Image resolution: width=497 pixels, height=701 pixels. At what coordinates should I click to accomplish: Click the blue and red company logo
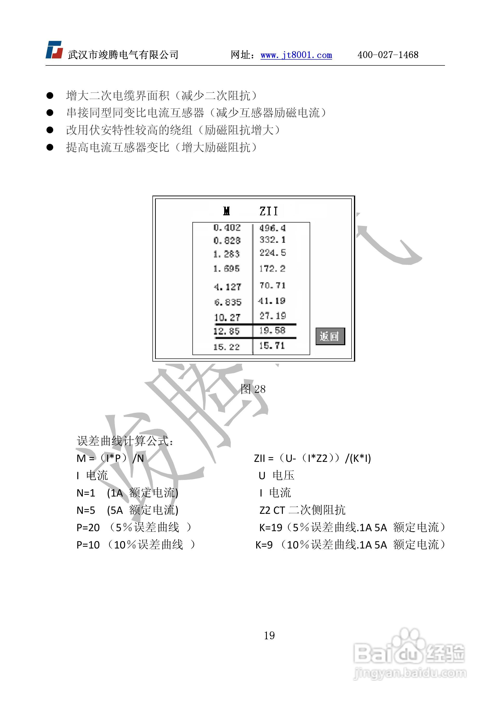pos(54,50)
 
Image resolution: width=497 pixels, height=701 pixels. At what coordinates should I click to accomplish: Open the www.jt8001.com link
pos(296,55)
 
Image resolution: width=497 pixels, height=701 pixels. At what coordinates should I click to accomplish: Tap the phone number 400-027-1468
pos(388,55)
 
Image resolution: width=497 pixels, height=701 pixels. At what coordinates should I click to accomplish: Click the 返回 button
pos(330,336)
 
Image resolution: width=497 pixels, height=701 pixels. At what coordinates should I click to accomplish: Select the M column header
pos(226,211)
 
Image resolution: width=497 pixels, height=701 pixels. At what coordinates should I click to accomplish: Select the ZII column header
pos(269,211)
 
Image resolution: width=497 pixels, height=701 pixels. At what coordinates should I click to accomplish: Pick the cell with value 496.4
pos(272,228)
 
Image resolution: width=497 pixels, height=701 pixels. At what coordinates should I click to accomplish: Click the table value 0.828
pos(227,241)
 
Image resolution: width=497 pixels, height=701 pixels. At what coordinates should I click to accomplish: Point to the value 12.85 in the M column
pos(226,331)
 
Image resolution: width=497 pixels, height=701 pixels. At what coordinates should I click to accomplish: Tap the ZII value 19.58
pos(272,331)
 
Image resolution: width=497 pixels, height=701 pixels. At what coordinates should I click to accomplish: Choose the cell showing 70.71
pos(272,286)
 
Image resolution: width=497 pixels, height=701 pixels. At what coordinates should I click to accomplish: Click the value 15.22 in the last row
pos(226,347)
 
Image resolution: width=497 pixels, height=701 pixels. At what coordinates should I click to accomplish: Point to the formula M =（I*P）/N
pos(110,458)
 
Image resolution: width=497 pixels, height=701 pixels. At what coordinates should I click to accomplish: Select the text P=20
pos(88,527)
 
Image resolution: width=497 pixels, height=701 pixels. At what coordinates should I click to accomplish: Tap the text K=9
pos(264,545)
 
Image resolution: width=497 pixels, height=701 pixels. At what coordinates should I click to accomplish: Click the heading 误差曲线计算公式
pos(125,441)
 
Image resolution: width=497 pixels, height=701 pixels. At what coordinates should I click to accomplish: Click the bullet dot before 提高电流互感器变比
pos(50,148)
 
